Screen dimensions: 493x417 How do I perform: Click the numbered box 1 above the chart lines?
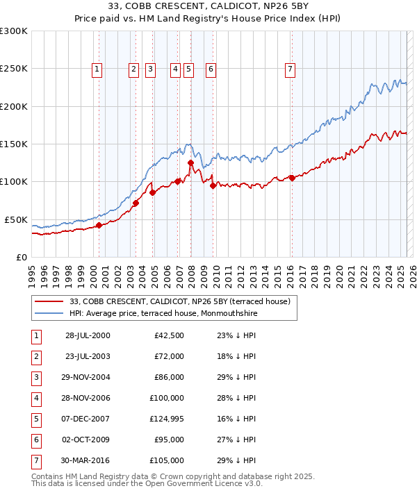(96, 69)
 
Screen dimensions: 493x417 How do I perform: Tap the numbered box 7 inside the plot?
(290, 69)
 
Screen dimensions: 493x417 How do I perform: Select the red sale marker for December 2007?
(190, 162)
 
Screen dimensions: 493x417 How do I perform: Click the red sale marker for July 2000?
(99, 225)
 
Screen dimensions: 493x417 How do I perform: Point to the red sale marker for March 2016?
(292, 178)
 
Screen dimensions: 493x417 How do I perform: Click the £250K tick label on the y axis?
(13, 69)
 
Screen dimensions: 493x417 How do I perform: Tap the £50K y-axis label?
(16, 219)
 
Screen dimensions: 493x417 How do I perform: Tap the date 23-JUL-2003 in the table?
(88, 356)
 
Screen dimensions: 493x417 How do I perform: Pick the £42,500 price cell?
(168, 335)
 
